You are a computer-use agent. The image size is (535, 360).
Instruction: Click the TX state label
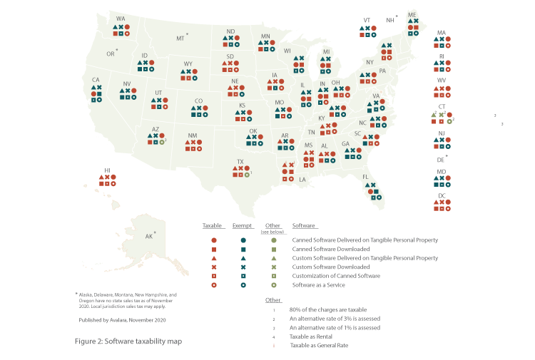coord(240,162)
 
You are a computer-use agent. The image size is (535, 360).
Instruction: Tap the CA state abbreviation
coord(96,80)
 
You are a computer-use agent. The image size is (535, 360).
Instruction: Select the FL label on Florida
coord(365,177)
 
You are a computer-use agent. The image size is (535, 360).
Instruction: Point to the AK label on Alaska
coord(149,236)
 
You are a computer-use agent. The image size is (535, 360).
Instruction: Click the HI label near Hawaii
coord(108,170)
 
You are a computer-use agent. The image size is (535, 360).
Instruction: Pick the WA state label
coord(121,19)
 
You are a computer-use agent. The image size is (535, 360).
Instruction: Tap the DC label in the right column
coord(442,195)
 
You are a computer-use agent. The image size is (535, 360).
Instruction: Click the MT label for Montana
coord(180,38)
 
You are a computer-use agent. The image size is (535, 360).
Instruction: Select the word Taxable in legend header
coord(212,226)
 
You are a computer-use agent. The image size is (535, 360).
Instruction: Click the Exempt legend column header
coord(242,226)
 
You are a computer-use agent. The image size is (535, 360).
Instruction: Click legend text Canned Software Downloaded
coord(330,249)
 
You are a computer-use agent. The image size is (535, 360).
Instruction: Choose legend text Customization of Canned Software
coord(336,276)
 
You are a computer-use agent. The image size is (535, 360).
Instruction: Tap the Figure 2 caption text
coord(128,341)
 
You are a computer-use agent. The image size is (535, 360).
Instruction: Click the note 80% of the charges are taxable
coord(328,309)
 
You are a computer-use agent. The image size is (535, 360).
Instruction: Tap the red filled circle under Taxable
coord(214,240)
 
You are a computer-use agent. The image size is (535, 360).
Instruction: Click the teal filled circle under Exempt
coord(243,240)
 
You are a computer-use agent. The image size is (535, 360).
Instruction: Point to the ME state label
coord(412,15)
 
